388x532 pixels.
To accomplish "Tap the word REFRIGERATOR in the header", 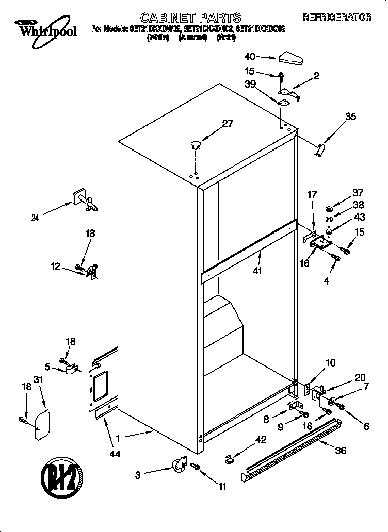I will (336, 18).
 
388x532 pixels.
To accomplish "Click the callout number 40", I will (250, 56).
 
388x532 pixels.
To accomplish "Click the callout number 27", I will (228, 123).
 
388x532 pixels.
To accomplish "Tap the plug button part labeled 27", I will (196, 144).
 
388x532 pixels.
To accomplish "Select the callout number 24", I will (35, 218).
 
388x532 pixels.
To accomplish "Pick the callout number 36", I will (341, 450).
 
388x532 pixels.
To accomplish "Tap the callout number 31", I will (37, 379).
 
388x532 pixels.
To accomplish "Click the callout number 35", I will (350, 117).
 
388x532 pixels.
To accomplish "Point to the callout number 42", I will (262, 440).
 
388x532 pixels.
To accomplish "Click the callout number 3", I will (138, 475).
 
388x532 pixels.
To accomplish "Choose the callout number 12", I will (55, 266).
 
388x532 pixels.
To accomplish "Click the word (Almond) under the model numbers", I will (192, 38).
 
